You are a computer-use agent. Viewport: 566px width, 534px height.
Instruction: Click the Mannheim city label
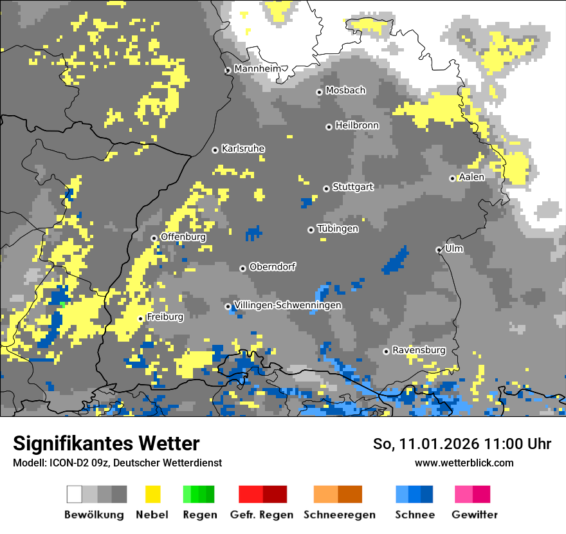[x=258, y=69]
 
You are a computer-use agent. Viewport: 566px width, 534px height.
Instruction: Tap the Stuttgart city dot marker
[x=327, y=189]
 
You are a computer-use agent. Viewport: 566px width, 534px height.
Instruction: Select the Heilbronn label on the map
[x=357, y=125]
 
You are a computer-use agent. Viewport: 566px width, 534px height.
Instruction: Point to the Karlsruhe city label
[x=243, y=149]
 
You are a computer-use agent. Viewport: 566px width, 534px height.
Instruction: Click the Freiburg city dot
[x=141, y=318]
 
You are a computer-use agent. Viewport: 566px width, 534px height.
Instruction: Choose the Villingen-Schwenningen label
[x=288, y=305]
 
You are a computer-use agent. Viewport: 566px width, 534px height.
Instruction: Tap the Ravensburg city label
[x=419, y=350]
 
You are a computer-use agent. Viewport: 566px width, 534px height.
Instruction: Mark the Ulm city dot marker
[x=439, y=250]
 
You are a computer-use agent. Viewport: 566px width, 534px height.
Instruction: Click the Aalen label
[x=471, y=177]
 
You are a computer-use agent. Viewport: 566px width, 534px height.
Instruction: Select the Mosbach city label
[x=345, y=91]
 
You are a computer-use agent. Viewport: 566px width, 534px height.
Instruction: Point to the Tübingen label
[x=338, y=228]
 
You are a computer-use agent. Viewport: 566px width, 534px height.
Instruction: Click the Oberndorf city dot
[x=242, y=268]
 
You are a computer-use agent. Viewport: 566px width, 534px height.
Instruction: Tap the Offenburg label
[x=183, y=237]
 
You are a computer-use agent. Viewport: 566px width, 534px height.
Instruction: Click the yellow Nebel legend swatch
[x=152, y=494]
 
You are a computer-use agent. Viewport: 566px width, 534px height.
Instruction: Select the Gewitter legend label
[x=475, y=515]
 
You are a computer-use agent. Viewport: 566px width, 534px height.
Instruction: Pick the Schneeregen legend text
[x=340, y=515]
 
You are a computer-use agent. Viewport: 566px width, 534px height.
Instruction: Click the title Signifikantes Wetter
[x=106, y=443]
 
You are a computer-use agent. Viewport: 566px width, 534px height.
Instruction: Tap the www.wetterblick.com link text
[x=464, y=463]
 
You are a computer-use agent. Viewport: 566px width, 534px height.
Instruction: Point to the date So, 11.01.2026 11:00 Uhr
[x=462, y=444]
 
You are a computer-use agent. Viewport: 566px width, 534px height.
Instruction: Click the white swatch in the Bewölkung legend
[x=75, y=494]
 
